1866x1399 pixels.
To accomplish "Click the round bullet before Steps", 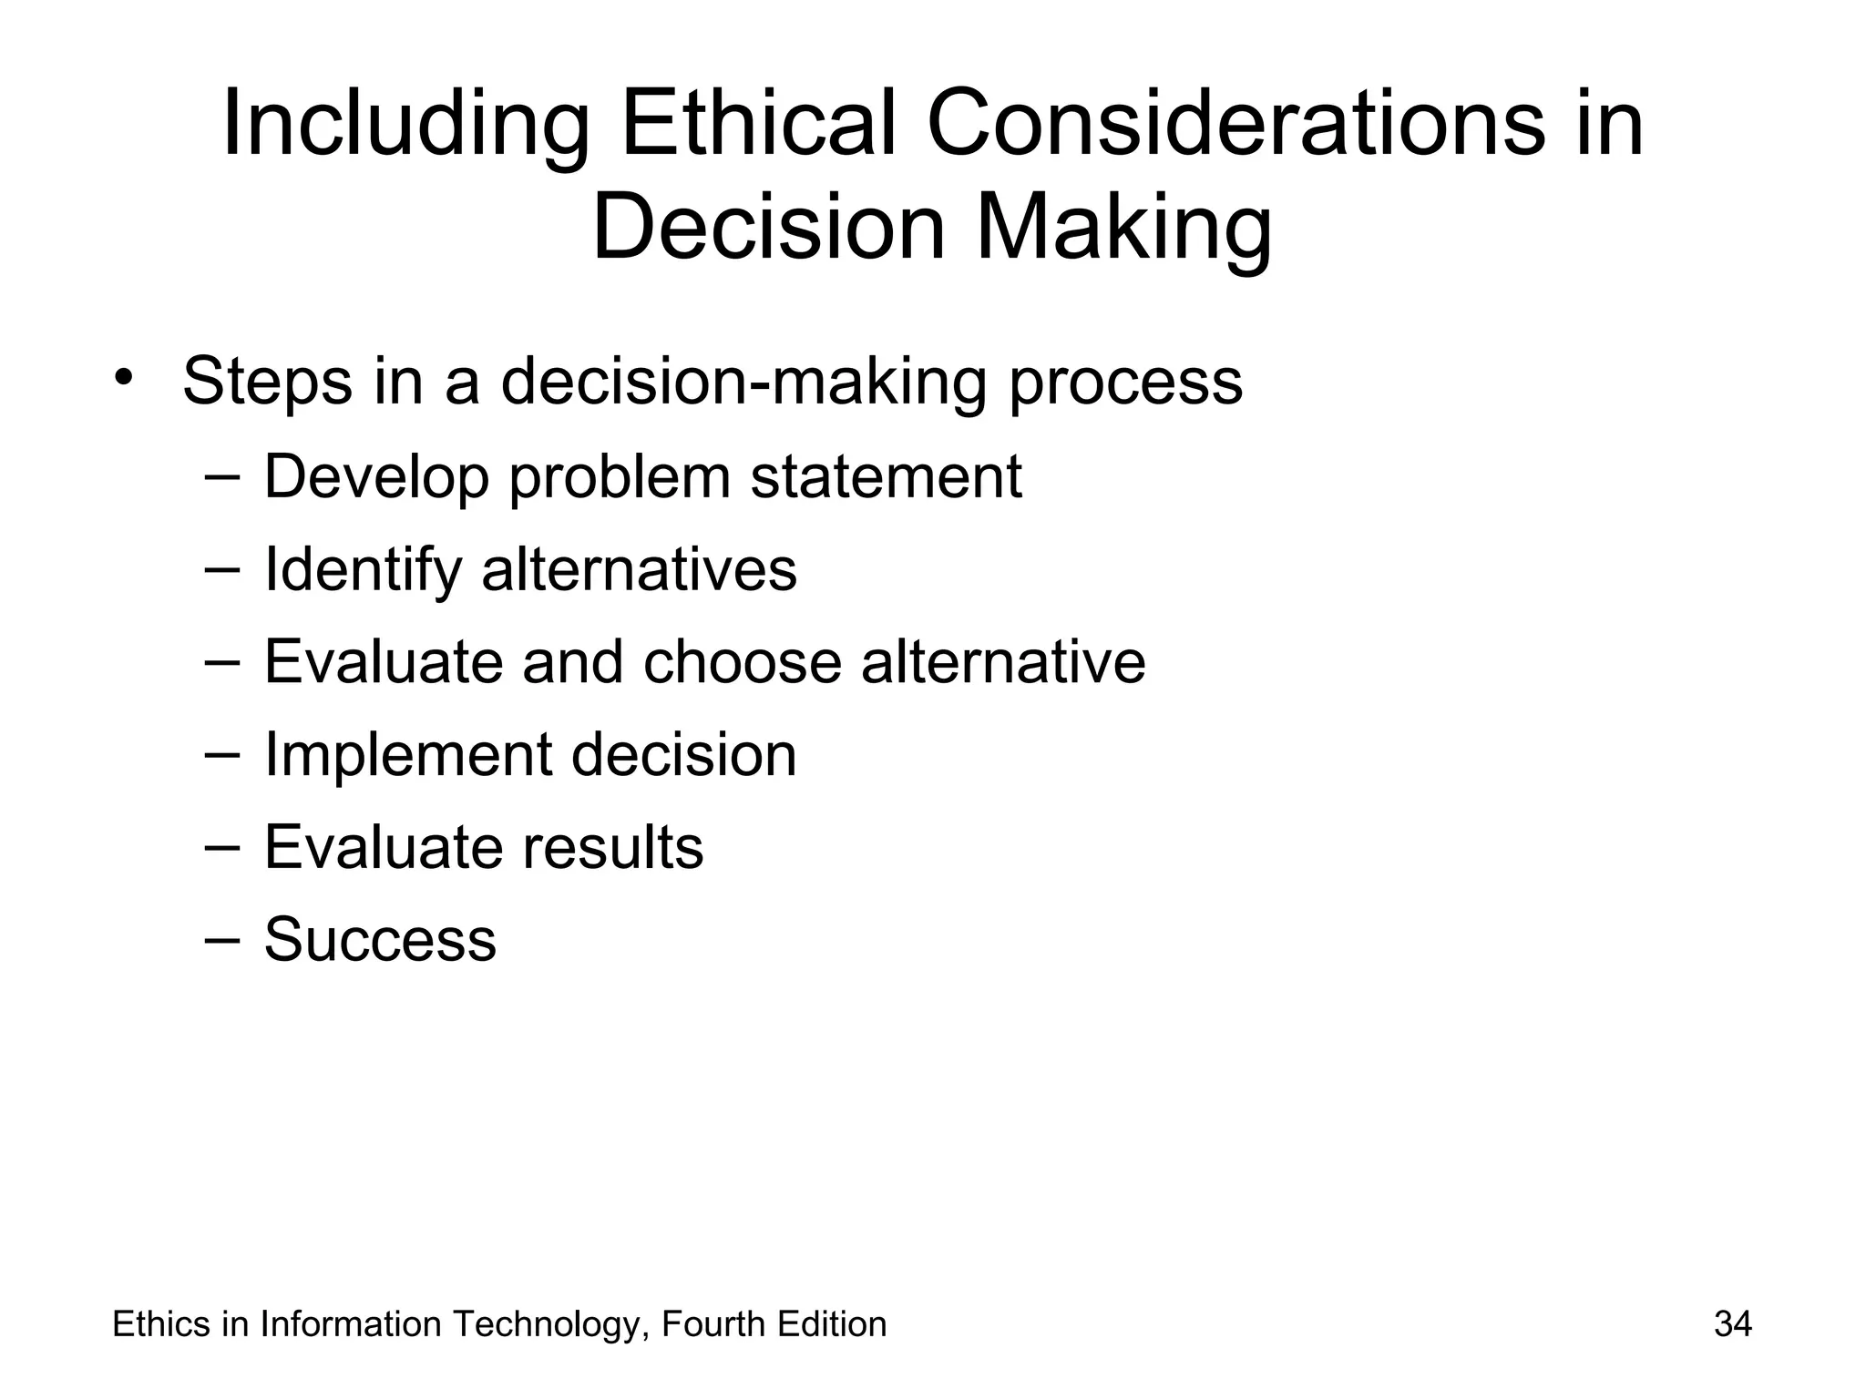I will pyautogui.click(x=125, y=378).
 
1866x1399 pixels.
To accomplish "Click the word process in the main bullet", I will pyautogui.click(x=1124, y=383).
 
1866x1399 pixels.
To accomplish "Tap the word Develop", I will pyautogui.click(x=376, y=477).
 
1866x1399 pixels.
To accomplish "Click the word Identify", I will pyautogui.click(x=363, y=570).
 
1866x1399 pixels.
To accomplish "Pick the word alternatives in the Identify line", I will pyautogui.click(x=639, y=569).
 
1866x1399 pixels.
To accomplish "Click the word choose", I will pyautogui.click(x=742, y=662).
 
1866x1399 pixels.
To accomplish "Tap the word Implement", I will pyautogui.click(x=407, y=756).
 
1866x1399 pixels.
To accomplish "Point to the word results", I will pyautogui.click(x=612, y=847).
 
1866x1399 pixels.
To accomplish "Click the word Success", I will pyautogui.click(x=380, y=939).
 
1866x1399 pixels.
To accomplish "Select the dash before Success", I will pyautogui.click(x=222, y=938).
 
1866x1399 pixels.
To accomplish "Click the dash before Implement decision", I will pyautogui.click(x=222, y=753).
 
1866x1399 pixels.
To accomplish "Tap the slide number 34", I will pyautogui.click(x=1732, y=1324).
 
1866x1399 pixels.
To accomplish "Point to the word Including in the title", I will pyautogui.click(x=405, y=125).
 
